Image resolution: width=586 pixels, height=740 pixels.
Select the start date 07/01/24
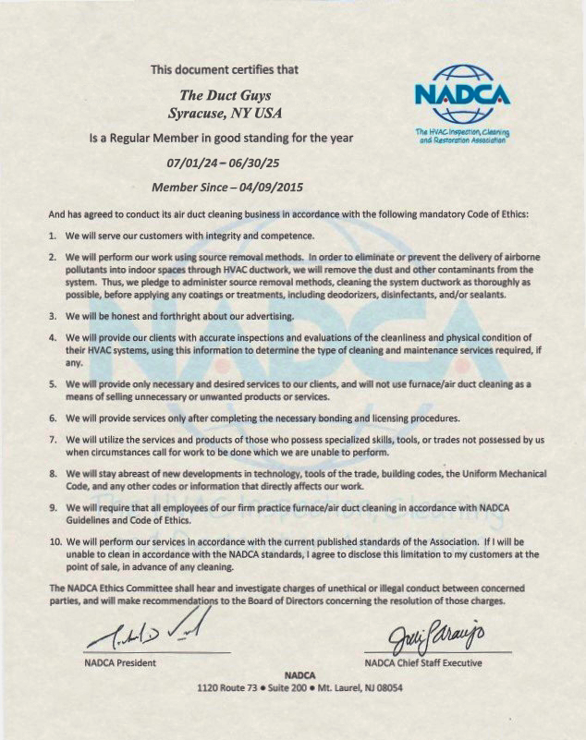pos(192,162)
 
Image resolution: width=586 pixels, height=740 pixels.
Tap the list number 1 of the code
pos(53,237)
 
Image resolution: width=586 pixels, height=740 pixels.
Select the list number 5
pos(53,382)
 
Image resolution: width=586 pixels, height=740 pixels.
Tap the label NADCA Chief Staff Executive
pos(423,662)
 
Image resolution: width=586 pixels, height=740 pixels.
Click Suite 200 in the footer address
pos(276,688)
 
